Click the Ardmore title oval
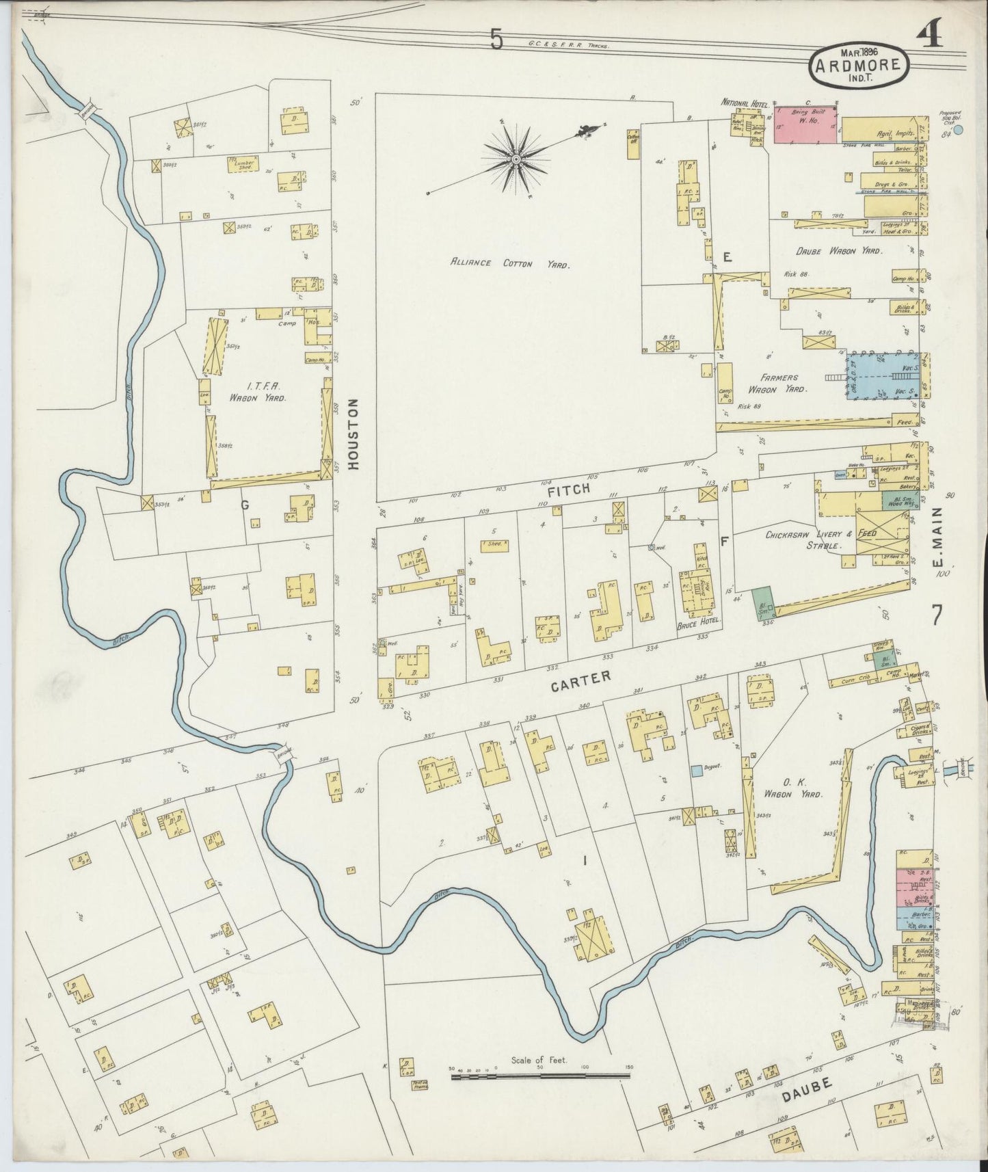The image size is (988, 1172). tap(860, 66)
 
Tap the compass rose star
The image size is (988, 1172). tap(517, 159)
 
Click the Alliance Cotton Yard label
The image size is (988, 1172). tap(509, 263)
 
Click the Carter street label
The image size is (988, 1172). tap(580, 678)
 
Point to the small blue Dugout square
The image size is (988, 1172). tap(696, 771)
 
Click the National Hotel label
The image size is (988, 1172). tap(745, 103)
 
